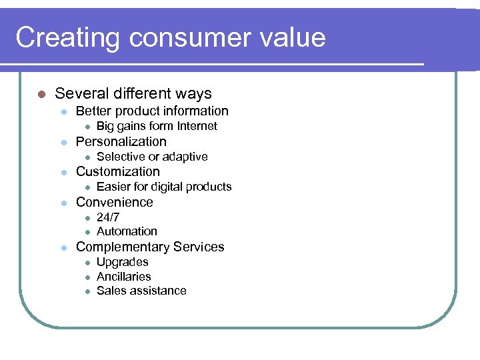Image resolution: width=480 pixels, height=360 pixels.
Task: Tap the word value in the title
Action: coord(288,38)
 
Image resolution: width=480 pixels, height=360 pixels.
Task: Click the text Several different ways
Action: coord(133,94)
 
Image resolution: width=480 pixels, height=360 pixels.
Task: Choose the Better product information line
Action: coord(152,111)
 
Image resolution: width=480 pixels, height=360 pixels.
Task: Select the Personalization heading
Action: coord(121,141)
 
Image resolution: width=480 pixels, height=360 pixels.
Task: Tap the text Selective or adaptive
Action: coord(152,157)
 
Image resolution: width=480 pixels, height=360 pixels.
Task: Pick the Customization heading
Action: coord(118,171)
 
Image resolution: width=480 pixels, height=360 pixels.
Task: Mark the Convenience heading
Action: coord(115,202)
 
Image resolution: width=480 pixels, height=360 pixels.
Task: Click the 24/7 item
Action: coord(108,217)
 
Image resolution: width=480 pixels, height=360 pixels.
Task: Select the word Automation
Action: coord(127,231)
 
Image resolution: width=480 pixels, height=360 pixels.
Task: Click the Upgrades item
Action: coord(122,262)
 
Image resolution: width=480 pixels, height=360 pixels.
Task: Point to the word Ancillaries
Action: coord(124,276)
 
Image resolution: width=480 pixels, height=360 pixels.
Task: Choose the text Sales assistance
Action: coord(141,291)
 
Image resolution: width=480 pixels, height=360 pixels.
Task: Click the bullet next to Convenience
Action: coord(63,203)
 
